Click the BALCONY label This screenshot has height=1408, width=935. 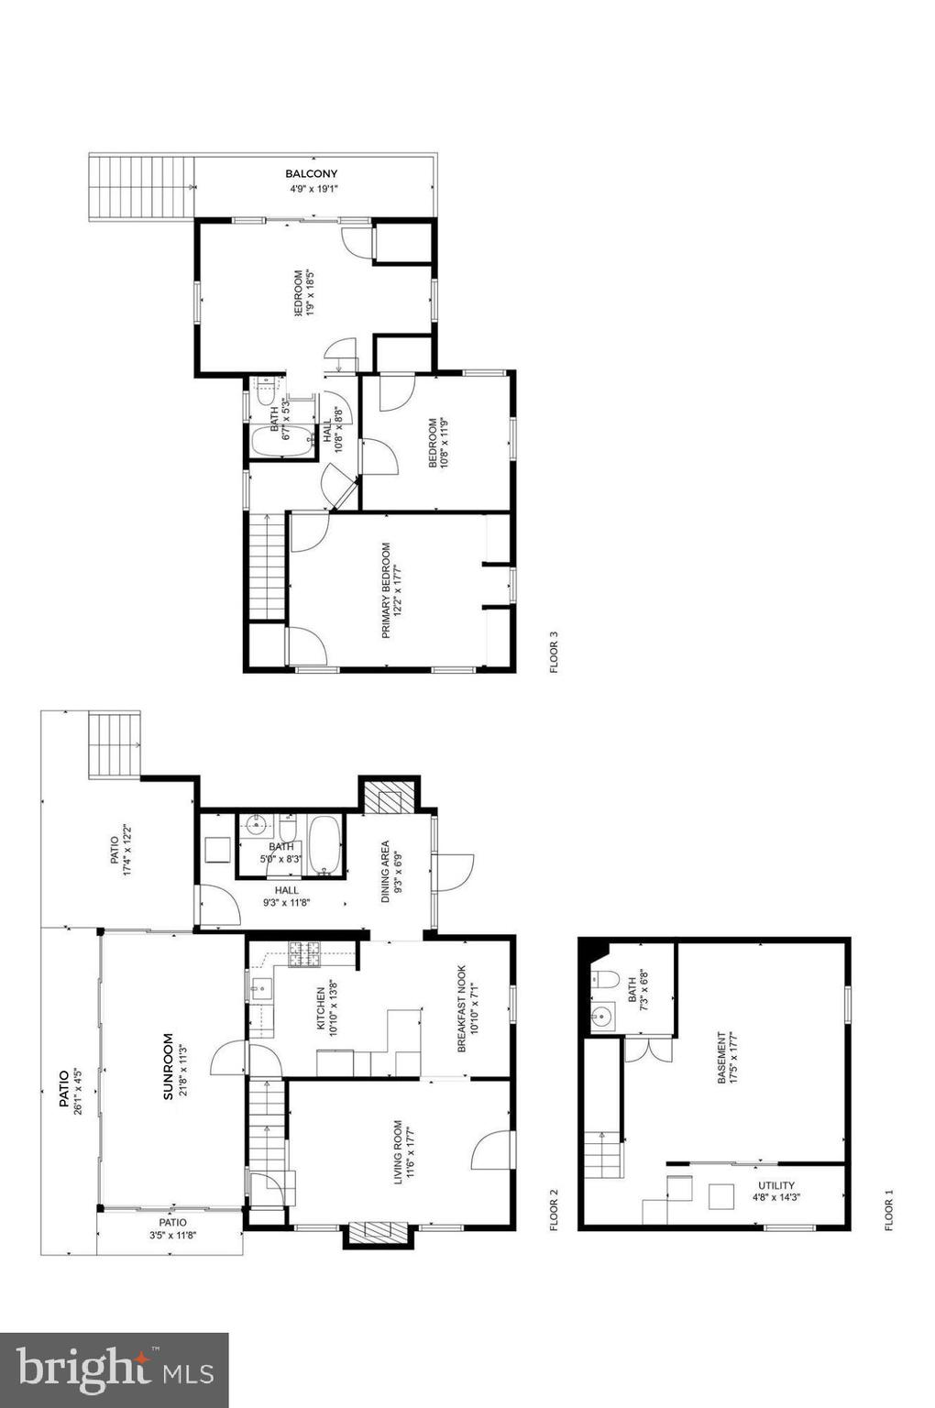coord(311,173)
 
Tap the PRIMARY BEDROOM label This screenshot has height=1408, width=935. coord(386,590)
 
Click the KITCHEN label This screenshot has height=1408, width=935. coord(321,1008)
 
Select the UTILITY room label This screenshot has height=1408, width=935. coord(774,1185)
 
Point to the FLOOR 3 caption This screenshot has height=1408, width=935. coord(554,652)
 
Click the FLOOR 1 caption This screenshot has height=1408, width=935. coord(887,1210)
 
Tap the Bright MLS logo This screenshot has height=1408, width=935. coord(114,1370)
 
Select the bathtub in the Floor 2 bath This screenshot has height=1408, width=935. coord(324,843)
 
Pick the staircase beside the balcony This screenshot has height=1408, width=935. coord(142,187)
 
